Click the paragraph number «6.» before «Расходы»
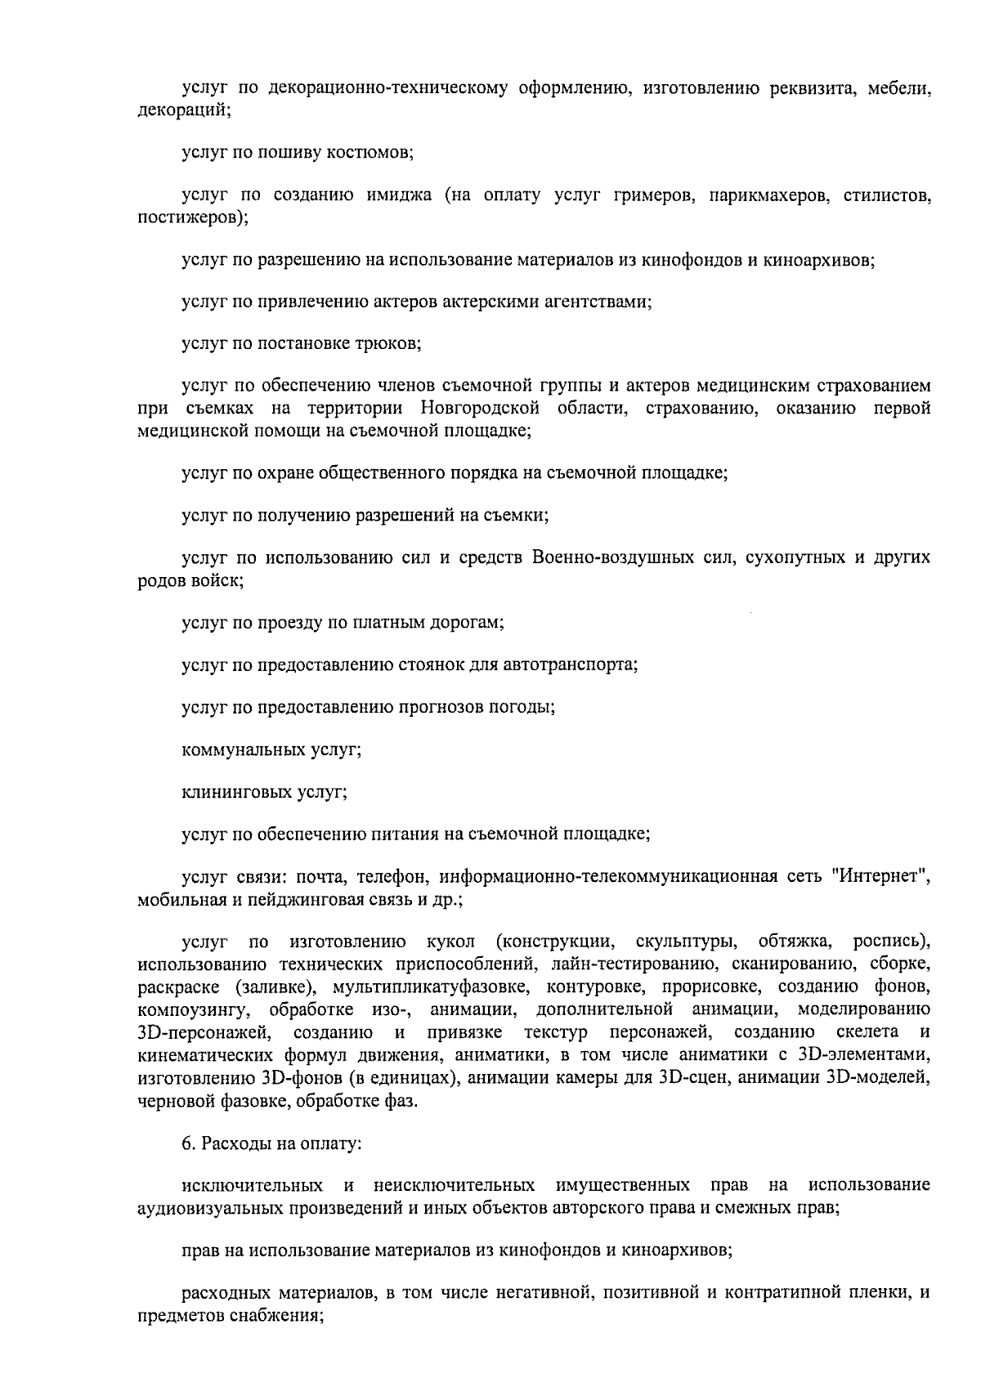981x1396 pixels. [188, 1144]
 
